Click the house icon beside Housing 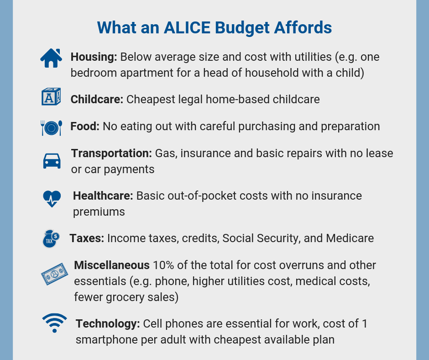point(51,58)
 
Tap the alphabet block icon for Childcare point(51,97)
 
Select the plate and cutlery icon point(52,127)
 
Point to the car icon point(52,161)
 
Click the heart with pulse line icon point(52,199)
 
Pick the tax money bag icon point(51,238)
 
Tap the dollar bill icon point(54,274)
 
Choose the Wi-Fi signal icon point(54,323)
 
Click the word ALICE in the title point(187,28)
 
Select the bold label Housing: point(94,57)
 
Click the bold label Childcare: point(97,99)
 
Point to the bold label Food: point(85,126)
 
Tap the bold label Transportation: point(111,154)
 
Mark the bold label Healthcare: point(103,196)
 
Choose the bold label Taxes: point(87,238)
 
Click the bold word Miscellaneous point(112,265)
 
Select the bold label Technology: point(108,324)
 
